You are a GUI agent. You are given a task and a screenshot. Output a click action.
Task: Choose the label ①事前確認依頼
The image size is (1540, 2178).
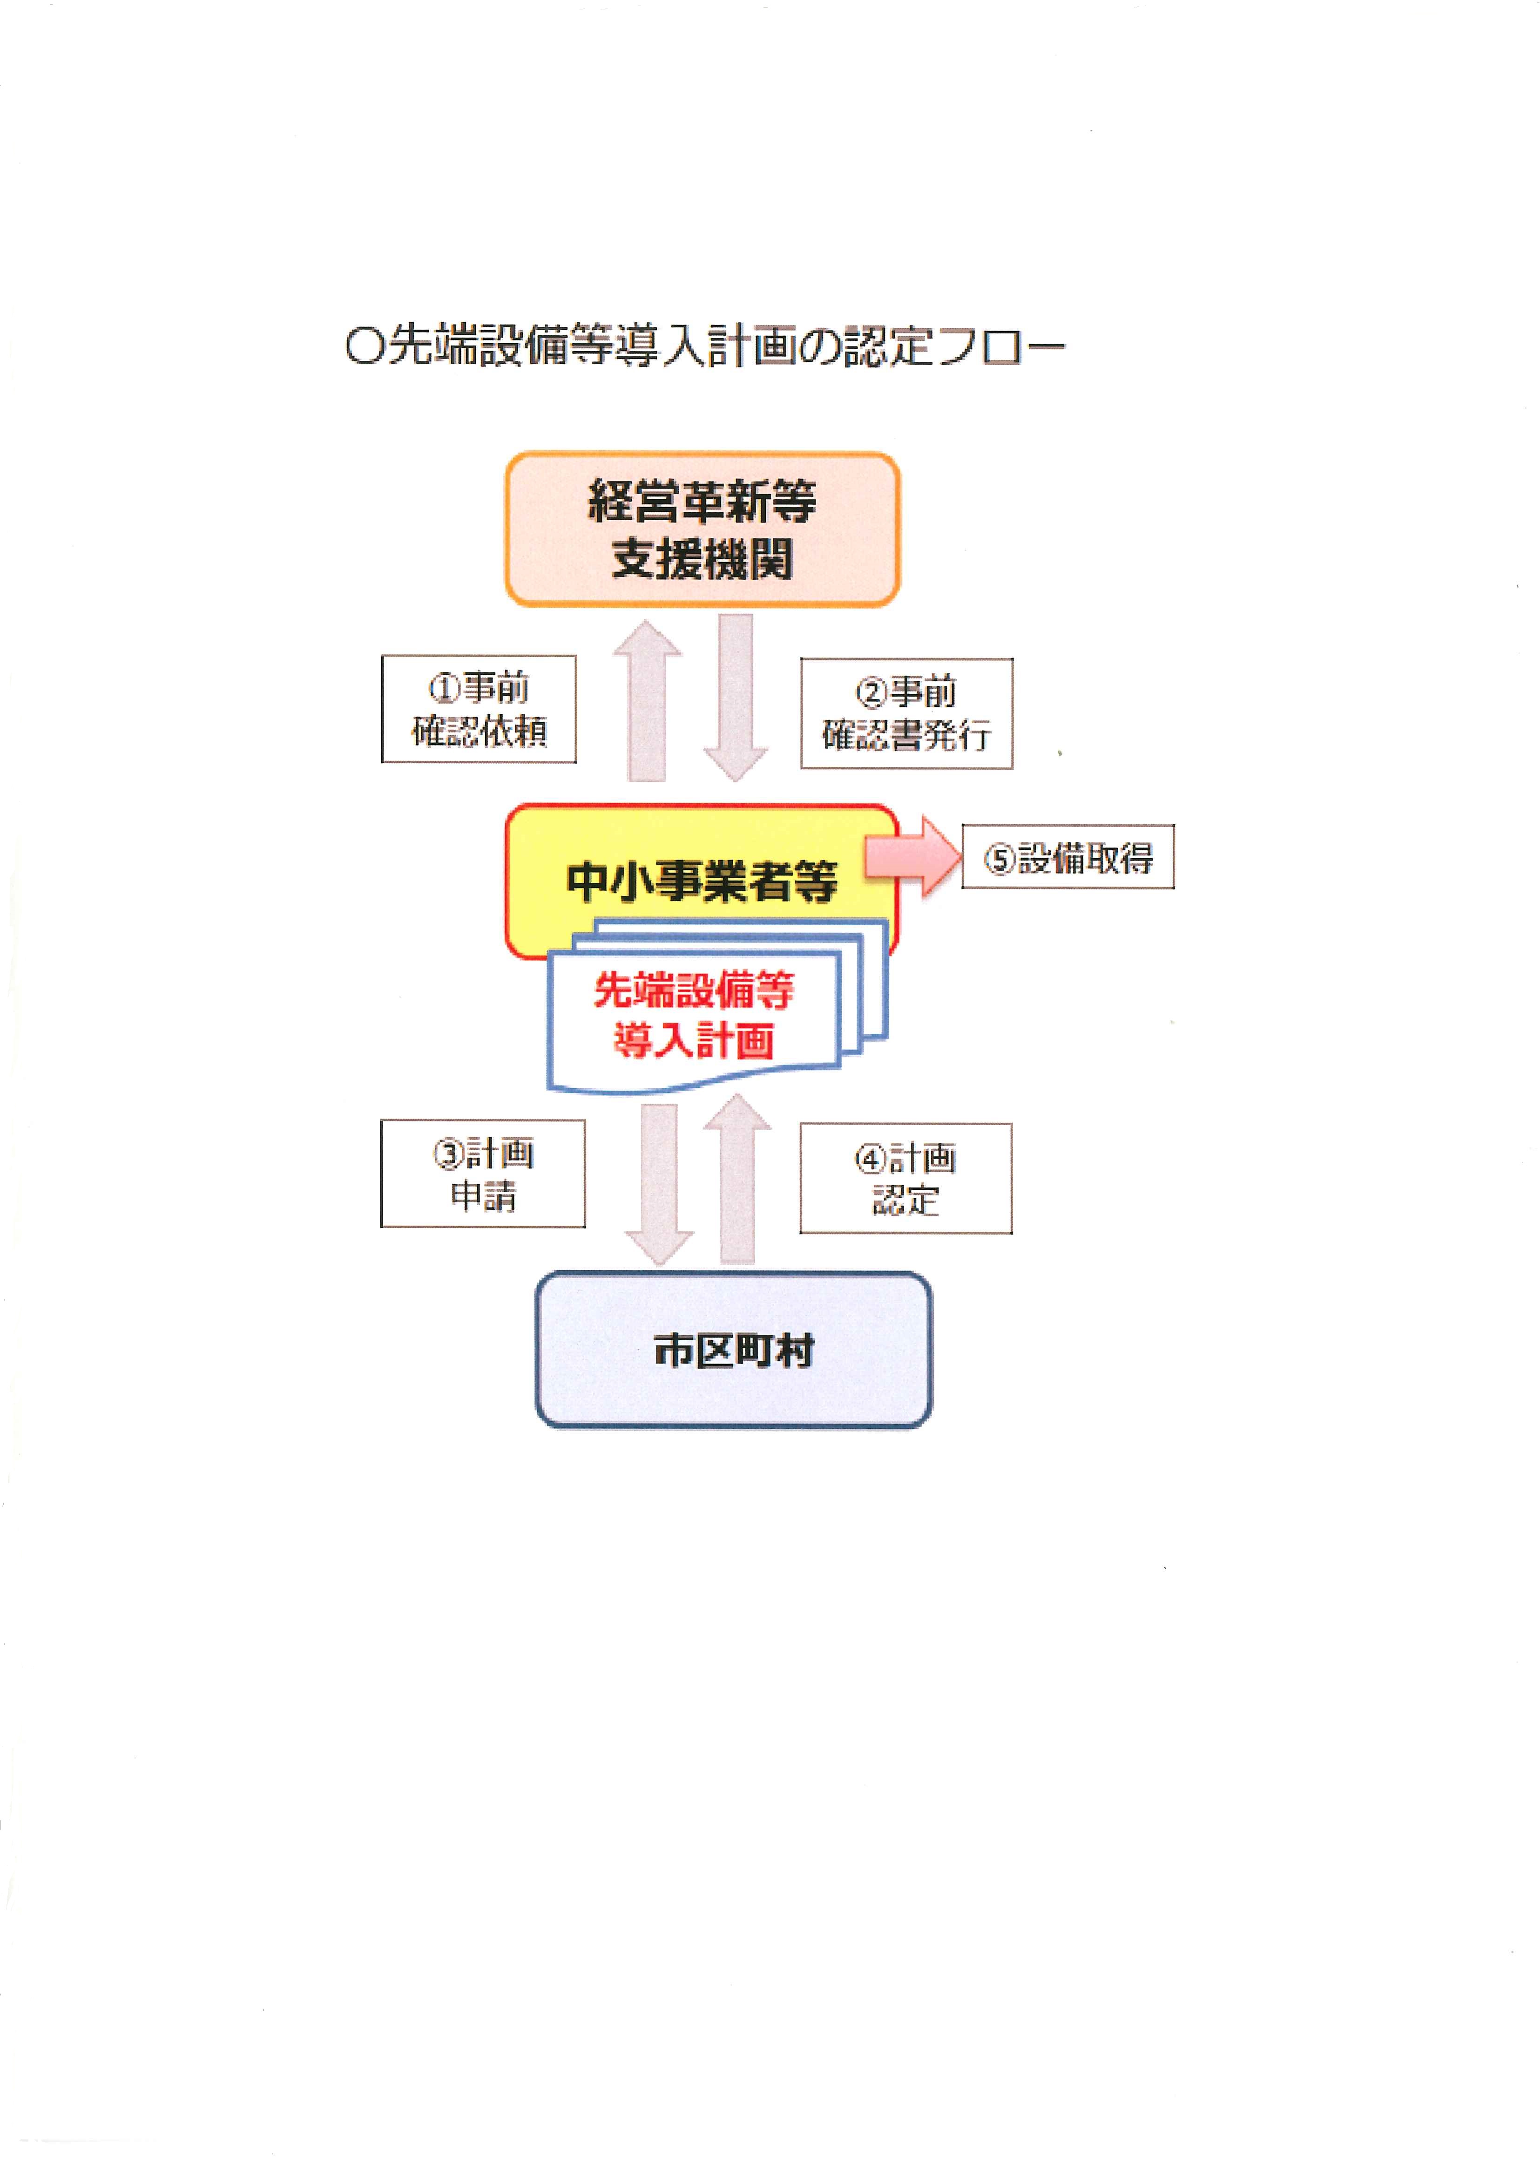[x=479, y=709]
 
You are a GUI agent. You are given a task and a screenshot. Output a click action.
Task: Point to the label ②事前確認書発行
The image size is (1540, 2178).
[x=906, y=712]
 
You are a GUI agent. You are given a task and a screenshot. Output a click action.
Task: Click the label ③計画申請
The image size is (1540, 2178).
[x=483, y=1174]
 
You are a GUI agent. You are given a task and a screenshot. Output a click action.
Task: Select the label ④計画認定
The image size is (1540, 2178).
[x=905, y=1178]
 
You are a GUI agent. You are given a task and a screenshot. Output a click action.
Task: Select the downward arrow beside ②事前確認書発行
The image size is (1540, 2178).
[x=736, y=697]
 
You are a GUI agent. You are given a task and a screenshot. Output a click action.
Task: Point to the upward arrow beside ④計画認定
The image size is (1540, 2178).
[x=738, y=1179]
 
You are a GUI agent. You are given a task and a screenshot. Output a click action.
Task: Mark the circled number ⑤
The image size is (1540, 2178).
[x=1000, y=859]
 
